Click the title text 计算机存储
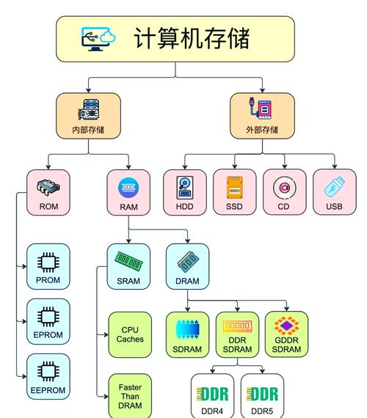[x=192, y=38]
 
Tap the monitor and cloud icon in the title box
[x=98, y=39]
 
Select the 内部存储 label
[x=88, y=130]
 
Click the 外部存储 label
[x=262, y=130]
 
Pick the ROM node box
[x=48, y=193]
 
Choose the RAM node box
[x=128, y=193]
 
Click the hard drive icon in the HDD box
[x=184, y=188]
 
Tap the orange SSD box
[x=234, y=193]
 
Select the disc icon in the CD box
[x=284, y=188]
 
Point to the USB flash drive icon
[x=334, y=188]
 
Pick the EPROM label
[x=48, y=335]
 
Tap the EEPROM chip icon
[x=48, y=371]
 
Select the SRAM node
[x=128, y=266]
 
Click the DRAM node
[x=187, y=266]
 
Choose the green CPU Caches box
[x=130, y=334]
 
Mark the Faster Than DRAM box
[x=130, y=396]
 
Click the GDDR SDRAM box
[x=286, y=334]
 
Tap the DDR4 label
[x=212, y=411]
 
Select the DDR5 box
[x=263, y=397]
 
